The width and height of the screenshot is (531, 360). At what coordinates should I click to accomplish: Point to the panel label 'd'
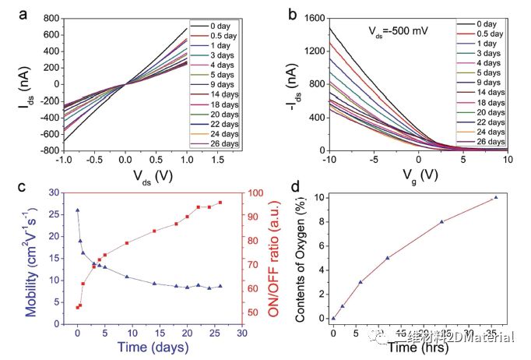[x=294, y=187]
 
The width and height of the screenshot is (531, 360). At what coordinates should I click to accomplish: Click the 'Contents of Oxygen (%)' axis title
[x=300, y=259]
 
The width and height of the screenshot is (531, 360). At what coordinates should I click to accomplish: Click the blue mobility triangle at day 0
[x=77, y=210]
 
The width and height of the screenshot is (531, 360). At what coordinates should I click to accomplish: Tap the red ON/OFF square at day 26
[x=220, y=203]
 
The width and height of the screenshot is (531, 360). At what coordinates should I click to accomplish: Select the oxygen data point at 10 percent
[x=496, y=197]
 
